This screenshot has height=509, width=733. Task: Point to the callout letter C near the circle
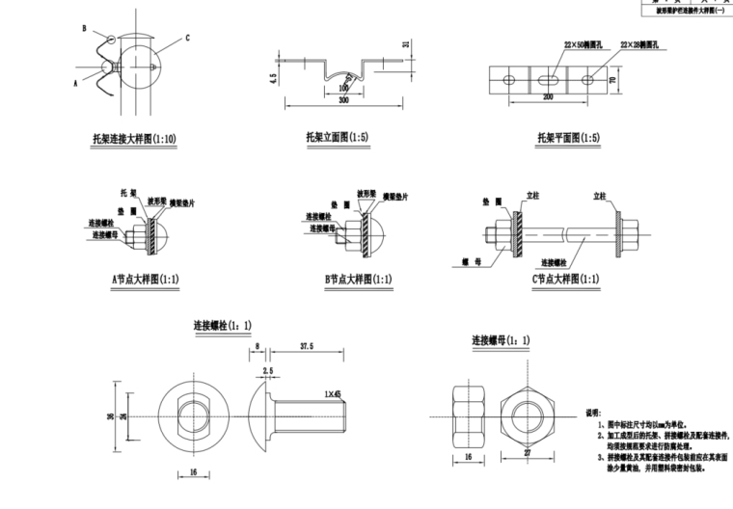[x=186, y=38]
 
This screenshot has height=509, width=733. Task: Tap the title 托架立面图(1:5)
[x=331, y=138]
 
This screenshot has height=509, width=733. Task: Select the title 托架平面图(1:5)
[x=568, y=138]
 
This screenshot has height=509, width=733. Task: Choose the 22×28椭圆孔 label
[x=640, y=44]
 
